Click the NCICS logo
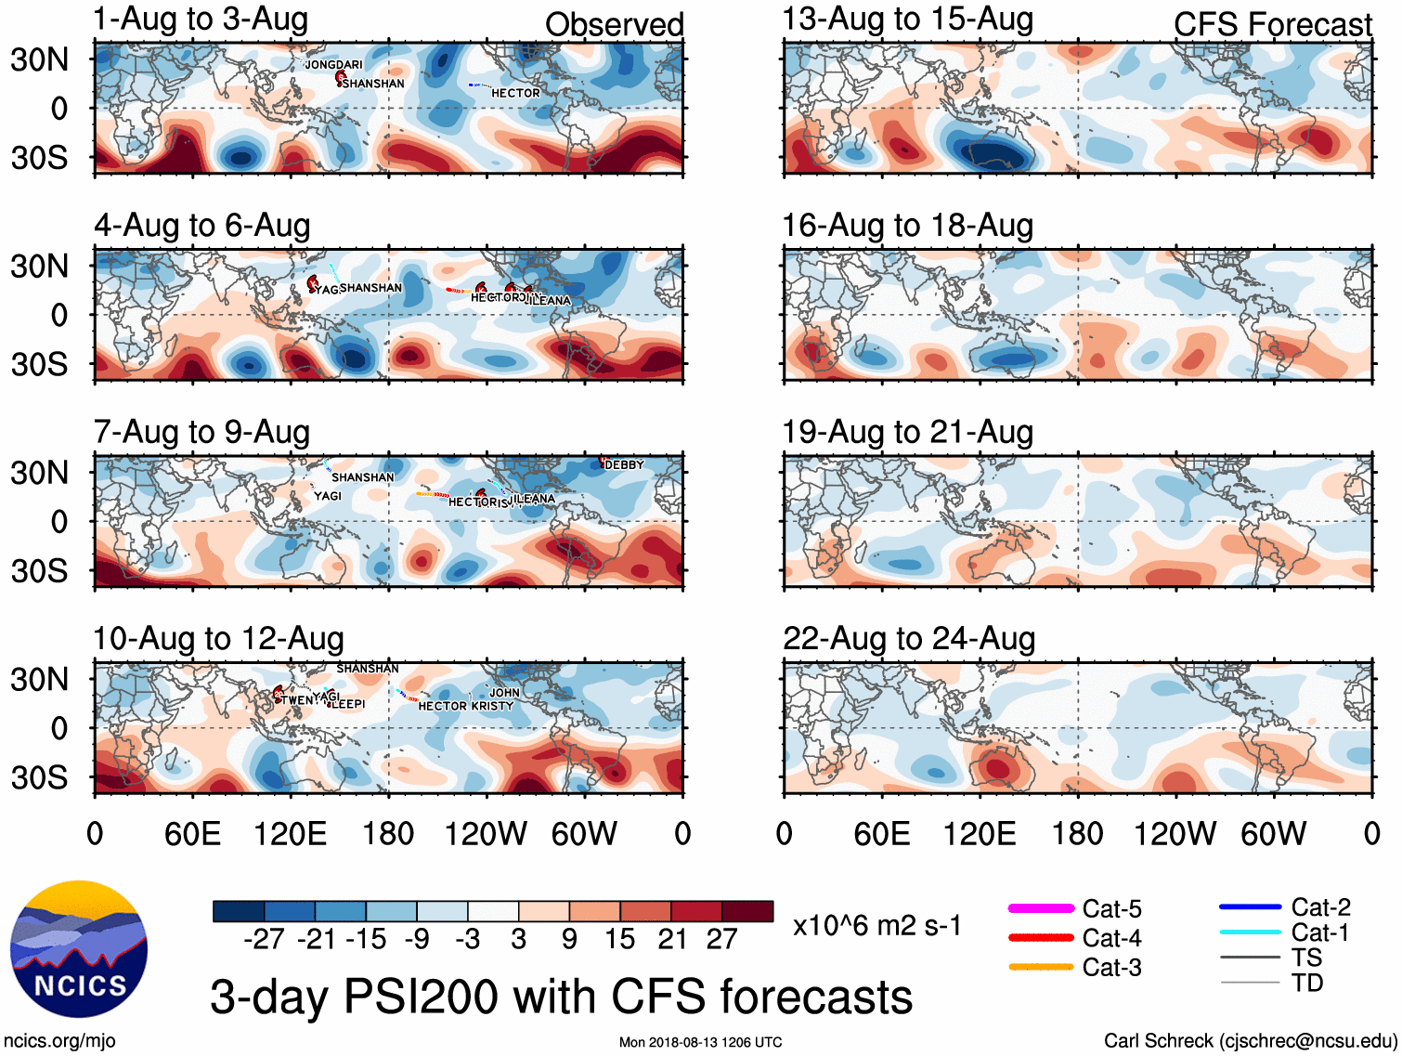pos(79,948)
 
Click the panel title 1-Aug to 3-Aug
pos(201,20)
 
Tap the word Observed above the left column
pos(614,25)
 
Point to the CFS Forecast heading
pos(1272,25)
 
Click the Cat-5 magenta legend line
pos(1041,908)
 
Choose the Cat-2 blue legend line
pos(1250,906)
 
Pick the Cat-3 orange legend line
pos(1041,967)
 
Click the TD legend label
pos(1307,983)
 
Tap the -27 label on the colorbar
pos(264,939)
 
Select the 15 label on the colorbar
pos(619,939)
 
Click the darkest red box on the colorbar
pos(747,911)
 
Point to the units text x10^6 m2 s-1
pos(876,926)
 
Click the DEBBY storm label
pos(624,464)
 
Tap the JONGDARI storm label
pos(334,65)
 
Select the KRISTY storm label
pos(492,706)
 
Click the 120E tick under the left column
pos(290,833)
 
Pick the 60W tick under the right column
pos(1273,833)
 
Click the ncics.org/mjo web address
pos(59,1040)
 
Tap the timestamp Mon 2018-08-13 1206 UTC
pos(700,1042)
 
